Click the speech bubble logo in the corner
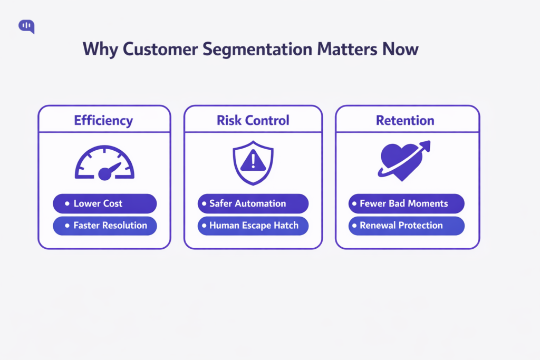(x=26, y=26)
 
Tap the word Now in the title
(x=401, y=50)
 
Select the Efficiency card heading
(x=103, y=120)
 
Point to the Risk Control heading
(x=253, y=120)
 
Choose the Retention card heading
(x=405, y=120)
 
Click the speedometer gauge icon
(x=104, y=163)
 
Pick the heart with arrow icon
(x=403, y=161)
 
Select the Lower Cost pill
(x=104, y=203)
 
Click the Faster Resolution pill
(x=104, y=226)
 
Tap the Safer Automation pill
(x=253, y=203)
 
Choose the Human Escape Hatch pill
(x=253, y=226)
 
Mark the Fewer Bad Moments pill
(x=406, y=203)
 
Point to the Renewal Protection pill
(x=406, y=226)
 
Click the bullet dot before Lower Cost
(x=66, y=203)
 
